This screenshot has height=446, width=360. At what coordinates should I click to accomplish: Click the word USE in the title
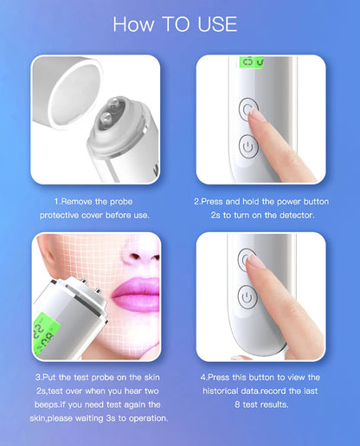(212, 23)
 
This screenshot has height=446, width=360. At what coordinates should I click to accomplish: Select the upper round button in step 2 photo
(250, 110)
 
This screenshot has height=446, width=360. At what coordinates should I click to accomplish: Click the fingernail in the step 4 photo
(257, 262)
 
